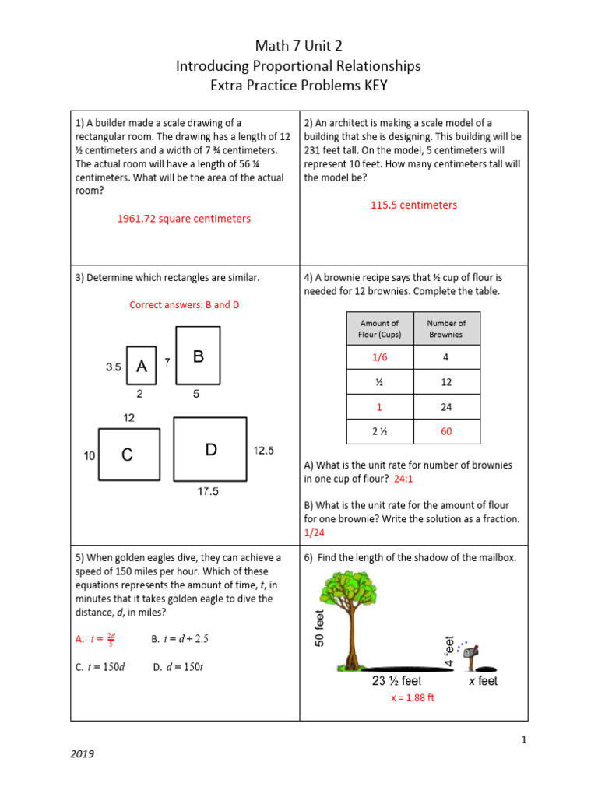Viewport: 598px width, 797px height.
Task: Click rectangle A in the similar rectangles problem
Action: coord(141,366)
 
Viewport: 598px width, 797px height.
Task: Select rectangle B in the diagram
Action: coord(198,356)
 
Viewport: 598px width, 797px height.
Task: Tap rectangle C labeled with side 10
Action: coord(128,455)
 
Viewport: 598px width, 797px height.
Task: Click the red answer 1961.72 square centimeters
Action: coord(184,219)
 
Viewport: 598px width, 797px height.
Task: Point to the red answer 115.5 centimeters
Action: coord(413,205)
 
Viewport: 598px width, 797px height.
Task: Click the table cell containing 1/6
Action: coord(379,357)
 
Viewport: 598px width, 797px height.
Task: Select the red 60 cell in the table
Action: coord(446,430)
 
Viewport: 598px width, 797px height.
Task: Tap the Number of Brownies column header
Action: coord(446,328)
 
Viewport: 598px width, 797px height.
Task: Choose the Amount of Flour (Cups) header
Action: coord(379,328)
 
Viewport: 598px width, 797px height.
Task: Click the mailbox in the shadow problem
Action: coord(470,655)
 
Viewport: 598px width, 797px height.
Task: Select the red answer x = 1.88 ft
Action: coord(412,698)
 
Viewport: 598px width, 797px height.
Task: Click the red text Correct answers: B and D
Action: coord(184,305)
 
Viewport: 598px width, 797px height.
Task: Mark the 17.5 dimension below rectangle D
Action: coord(208,491)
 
